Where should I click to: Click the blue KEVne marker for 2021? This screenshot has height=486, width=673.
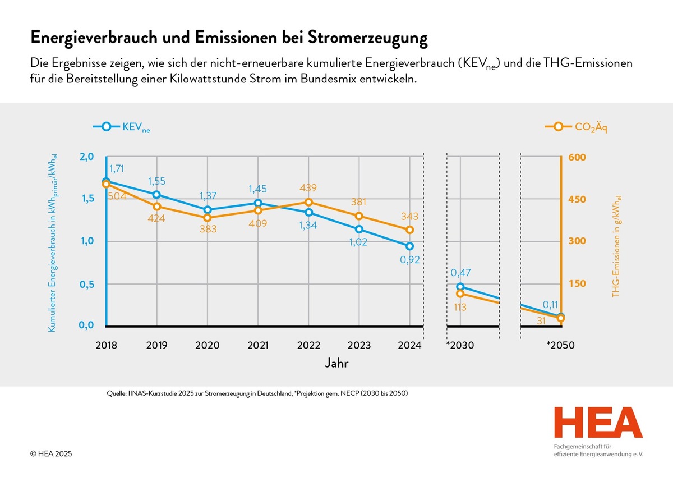click(x=258, y=203)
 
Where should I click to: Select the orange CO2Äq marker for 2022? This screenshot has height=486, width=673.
click(x=308, y=202)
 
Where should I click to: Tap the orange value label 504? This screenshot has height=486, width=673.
click(x=117, y=196)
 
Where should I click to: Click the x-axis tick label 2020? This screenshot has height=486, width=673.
click(x=208, y=345)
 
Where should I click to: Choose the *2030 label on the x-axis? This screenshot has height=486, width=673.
click(x=460, y=345)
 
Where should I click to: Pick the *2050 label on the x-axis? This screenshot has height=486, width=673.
click(x=561, y=345)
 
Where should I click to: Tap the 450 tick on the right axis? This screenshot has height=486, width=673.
click(x=577, y=199)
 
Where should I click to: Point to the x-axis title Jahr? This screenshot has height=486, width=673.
click(x=336, y=363)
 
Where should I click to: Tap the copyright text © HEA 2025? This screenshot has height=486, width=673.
click(x=51, y=453)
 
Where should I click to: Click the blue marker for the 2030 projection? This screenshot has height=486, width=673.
click(x=460, y=287)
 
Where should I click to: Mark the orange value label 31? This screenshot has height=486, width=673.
click(x=541, y=321)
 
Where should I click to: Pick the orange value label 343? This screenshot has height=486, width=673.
click(x=409, y=216)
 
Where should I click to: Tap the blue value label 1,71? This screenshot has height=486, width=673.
click(x=117, y=168)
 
